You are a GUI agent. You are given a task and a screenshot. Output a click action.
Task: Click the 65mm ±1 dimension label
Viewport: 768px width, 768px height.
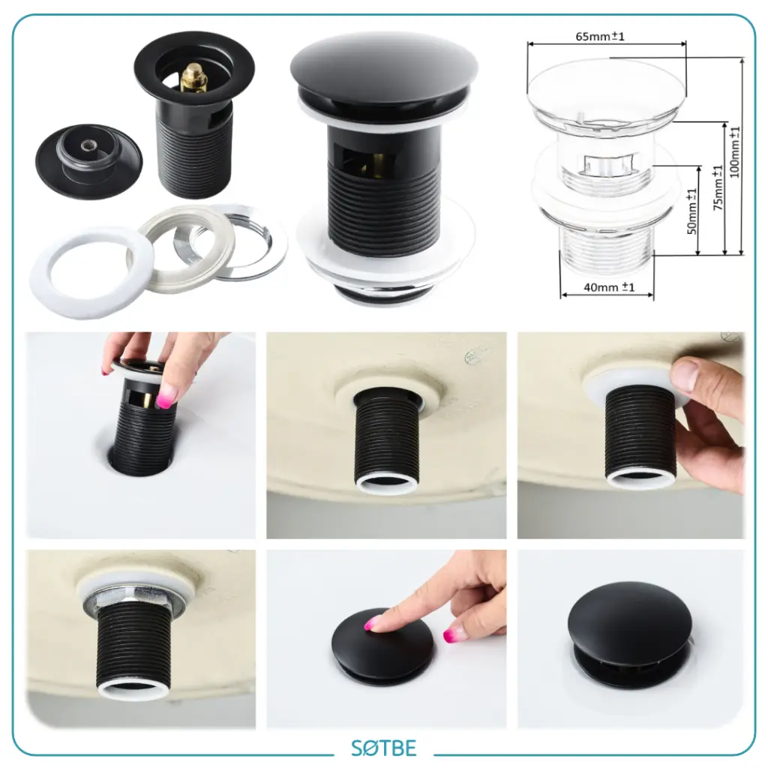coord(600,37)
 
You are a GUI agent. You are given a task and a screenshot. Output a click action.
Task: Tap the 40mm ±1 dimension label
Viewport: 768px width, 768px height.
coord(609,287)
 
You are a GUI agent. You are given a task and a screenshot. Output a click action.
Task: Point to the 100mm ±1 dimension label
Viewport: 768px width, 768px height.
coord(735,152)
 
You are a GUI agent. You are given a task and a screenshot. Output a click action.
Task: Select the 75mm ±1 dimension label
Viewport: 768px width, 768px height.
coord(718,187)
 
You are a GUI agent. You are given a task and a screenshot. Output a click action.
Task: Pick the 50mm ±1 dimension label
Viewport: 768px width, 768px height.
coord(691,211)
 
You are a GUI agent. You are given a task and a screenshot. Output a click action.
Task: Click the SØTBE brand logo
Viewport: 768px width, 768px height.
coord(383,748)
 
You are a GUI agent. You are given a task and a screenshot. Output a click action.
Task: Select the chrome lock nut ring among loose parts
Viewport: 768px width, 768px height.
coord(231,242)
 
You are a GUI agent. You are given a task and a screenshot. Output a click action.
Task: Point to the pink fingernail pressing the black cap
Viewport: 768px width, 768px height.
coord(372,623)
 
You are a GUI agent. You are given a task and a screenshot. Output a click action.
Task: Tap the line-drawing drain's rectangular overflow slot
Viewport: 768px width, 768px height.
coord(609,165)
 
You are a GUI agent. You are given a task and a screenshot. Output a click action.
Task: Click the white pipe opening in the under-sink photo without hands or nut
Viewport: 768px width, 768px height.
coord(387,484)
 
